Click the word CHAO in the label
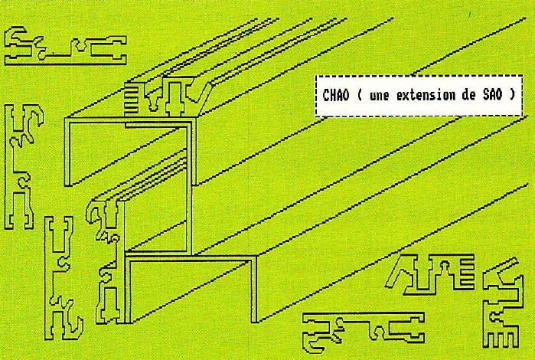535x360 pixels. (x=336, y=95)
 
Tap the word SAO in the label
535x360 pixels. (x=493, y=95)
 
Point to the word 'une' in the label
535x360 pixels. (x=379, y=96)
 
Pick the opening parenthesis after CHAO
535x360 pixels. (x=359, y=95)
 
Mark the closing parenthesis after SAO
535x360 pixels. (x=512, y=95)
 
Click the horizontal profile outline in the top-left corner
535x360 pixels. (x=66, y=47)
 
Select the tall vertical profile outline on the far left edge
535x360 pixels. (x=23, y=167)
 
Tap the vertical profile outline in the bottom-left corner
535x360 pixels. (x=64, y=278)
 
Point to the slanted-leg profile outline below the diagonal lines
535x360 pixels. (x=430, y=274)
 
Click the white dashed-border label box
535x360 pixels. (x=419, y=96)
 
